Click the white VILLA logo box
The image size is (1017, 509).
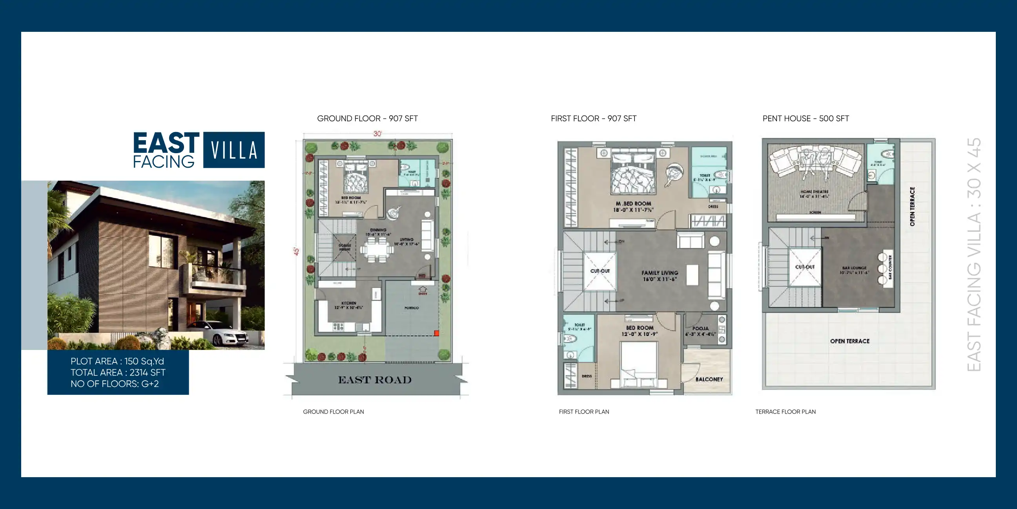(x=234, y=150)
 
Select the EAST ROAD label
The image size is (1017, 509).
(x=375, y=380)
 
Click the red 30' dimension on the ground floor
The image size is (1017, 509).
(x=377, y=134)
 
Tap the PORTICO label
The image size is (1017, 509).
(x=411, y=308)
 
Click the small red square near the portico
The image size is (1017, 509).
(x=436, y=333)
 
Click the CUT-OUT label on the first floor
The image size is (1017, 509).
(x=600, y=271)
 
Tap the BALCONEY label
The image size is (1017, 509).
(x=709, y=379)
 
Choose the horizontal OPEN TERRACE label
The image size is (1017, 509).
(x=849, y=341)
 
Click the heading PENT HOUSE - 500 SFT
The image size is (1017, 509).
(x=806, y=119)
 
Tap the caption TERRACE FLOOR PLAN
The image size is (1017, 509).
(x=785, y=412)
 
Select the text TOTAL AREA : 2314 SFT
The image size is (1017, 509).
(x=118, y=372)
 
